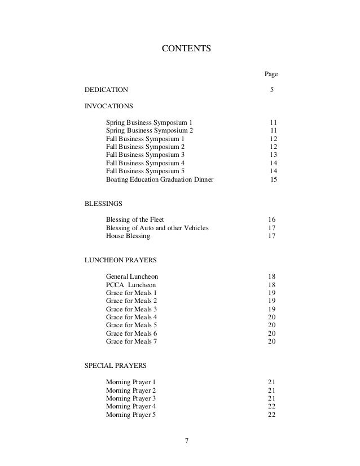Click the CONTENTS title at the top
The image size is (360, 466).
click(x=186, y=49)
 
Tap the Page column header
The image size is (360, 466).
click(x=271, y=74)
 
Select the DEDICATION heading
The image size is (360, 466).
click(x=106, y=90)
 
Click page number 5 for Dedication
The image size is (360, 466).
click(x=272, y=90)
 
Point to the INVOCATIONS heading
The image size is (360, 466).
click(x=109, y=105)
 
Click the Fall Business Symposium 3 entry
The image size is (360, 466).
click(x=145, y=155)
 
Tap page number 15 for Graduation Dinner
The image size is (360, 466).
click(x=273, y=179)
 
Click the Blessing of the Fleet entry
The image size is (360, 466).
click(x=135, y=219)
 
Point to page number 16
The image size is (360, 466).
click(x=271, y=219)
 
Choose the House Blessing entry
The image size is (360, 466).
click(x=128, y=236)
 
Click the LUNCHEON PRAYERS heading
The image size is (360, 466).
click(x=120, y=261)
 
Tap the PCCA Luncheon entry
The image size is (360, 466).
click(x=131, y=285)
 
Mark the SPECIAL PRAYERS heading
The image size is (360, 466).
click(x=115, y=366)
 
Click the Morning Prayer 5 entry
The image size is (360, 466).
click(x=131, y=415)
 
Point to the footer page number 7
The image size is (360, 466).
click(x=186, y=440)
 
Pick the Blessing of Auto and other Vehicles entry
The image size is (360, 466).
click(x=157, y=228)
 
